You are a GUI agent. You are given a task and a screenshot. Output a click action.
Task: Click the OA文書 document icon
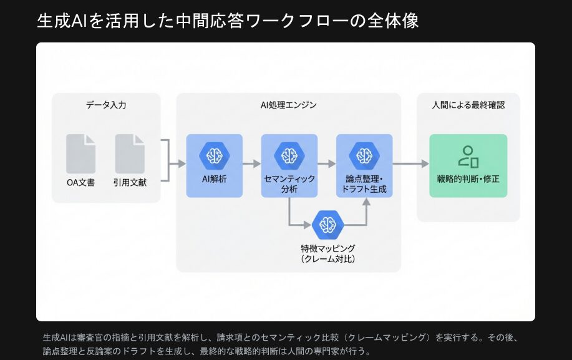(x=81, y=154)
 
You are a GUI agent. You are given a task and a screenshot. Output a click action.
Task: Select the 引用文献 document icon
(x=130, y=154)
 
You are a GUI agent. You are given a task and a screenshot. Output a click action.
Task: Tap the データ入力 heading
(x=106, y=105)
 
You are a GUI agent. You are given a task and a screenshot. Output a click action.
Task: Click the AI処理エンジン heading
(x=288, y=105)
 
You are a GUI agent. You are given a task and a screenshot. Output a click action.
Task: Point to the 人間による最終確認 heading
(x=468, y=105)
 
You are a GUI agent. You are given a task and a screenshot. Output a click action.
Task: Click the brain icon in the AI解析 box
(x=215, y=155)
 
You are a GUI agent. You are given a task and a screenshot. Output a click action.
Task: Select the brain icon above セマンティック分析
(x=289, y=155)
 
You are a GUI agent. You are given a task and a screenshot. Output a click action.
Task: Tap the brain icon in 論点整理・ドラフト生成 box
(x=364, y=155)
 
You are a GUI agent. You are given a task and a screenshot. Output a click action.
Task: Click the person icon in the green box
(x=468, y=157)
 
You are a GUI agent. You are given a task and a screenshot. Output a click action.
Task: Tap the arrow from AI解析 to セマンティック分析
(x=251, y=163)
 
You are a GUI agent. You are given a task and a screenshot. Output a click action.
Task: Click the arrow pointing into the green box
(x=412, y=163)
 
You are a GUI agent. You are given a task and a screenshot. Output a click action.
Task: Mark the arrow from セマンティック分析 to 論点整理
(x=327, y=163)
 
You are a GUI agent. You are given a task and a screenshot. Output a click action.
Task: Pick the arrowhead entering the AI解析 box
(x=182, y=163)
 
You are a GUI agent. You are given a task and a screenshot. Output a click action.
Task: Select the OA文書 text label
(x=81, y=183)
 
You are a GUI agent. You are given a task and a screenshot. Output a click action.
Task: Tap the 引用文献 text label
(x=130, y=183)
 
